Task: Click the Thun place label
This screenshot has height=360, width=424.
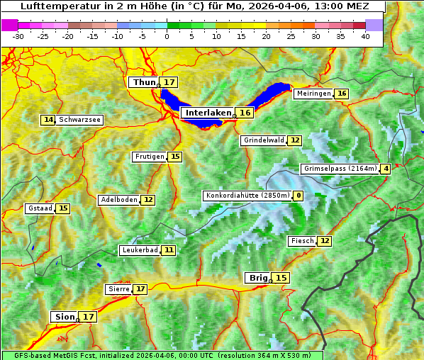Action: [x=144, y=83]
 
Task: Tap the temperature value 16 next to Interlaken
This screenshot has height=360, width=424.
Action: [x=245, y=113]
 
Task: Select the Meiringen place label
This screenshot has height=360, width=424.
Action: [x=313, y=94]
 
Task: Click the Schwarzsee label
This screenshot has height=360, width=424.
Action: [x=79, y=120]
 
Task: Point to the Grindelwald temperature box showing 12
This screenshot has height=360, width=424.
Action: [x=294, y=140]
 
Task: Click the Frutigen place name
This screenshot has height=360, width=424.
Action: [x=150, y=157]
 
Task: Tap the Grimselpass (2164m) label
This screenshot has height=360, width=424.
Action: [x=340, y=169]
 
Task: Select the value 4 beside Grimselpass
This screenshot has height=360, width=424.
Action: [x=385, y=169]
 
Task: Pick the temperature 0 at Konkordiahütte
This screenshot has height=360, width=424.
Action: [x=299, y=196]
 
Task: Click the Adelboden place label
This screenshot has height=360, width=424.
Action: [x=119, y=200]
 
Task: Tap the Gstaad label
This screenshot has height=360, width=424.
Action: [x=40, y=208]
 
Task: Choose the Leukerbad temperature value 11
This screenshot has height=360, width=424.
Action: [x=169, y=250]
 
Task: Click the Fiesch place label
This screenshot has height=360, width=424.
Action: [x=302, y=241]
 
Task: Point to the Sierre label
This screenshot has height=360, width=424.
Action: [x=118, y=289]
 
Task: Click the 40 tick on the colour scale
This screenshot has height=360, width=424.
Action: [x=365, y=36]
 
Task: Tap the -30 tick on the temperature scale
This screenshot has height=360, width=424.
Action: [x=18, y=36]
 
